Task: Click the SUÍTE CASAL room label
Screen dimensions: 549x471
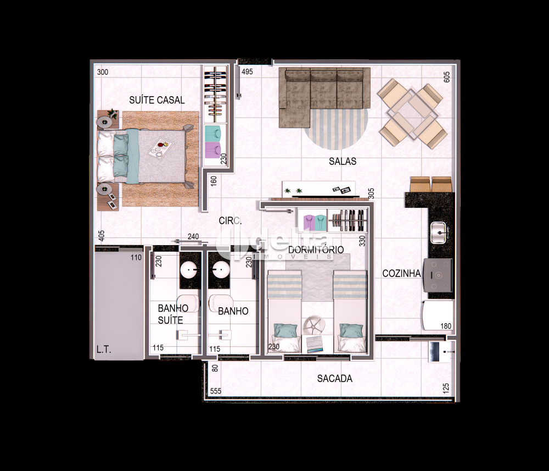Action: point(157,100)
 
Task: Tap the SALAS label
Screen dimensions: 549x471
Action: point(343,161)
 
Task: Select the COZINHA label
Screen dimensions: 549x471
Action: point(401,273)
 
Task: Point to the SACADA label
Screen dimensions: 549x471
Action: point(335,379)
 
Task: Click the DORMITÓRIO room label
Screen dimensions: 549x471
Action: point(316,250)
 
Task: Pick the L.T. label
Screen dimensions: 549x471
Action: point(104,350)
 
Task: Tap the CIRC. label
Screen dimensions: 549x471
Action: point(230,221)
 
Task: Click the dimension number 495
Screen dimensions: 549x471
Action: point(247,71)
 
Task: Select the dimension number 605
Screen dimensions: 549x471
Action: point(447,77)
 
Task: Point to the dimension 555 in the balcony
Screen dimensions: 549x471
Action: point(216,391)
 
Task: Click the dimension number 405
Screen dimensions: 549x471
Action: point(102,235)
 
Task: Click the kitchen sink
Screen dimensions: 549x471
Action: point(438,232)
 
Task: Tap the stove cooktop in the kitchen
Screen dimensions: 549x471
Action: point(438,275)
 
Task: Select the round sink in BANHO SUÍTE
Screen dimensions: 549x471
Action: point(189,270)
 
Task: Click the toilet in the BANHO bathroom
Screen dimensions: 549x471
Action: point(221,303)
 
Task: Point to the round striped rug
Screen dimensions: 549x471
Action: point(336,128)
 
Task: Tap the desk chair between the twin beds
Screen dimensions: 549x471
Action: point(313,326)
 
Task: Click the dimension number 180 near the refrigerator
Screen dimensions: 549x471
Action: point(446,326)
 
